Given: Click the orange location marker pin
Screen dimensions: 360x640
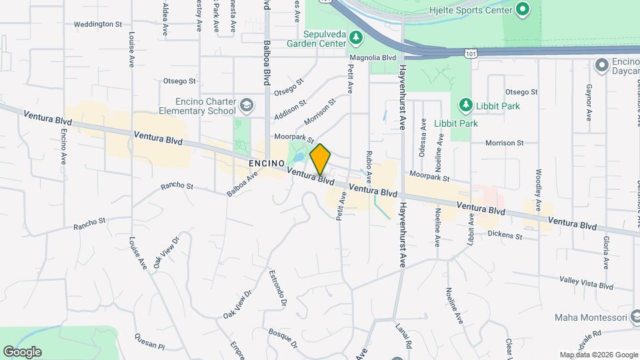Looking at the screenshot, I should (321, 159).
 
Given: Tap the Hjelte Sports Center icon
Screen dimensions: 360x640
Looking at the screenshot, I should (523, 10).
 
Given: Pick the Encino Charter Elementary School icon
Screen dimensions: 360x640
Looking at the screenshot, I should (247, 105).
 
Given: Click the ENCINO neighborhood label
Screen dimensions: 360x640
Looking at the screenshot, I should (267, 163).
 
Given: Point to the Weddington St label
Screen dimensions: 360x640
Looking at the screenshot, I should (98, 24).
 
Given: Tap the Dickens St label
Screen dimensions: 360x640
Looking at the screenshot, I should (504, 235).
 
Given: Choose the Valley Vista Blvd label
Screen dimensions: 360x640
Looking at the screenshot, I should (586, 283).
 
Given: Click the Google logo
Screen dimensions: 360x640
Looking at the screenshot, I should (22, 351).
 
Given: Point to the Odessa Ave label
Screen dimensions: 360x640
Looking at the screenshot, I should (423, 137).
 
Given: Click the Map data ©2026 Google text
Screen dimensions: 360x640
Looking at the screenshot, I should (598, 355).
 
